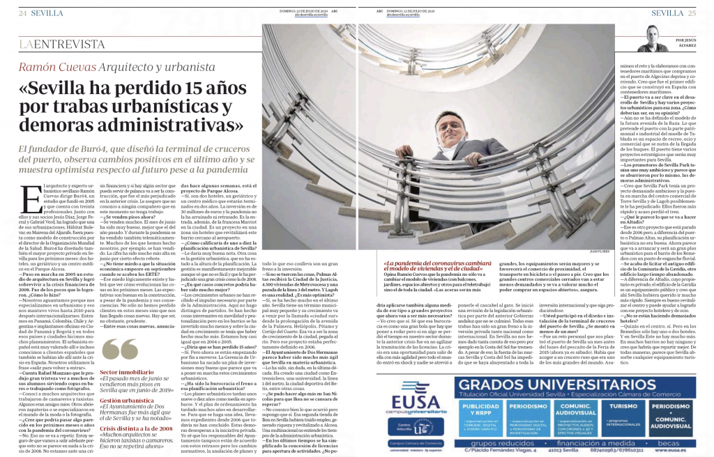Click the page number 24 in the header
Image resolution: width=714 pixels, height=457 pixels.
coord(23,13)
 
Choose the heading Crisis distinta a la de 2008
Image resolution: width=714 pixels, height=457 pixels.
coord(138,430)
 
